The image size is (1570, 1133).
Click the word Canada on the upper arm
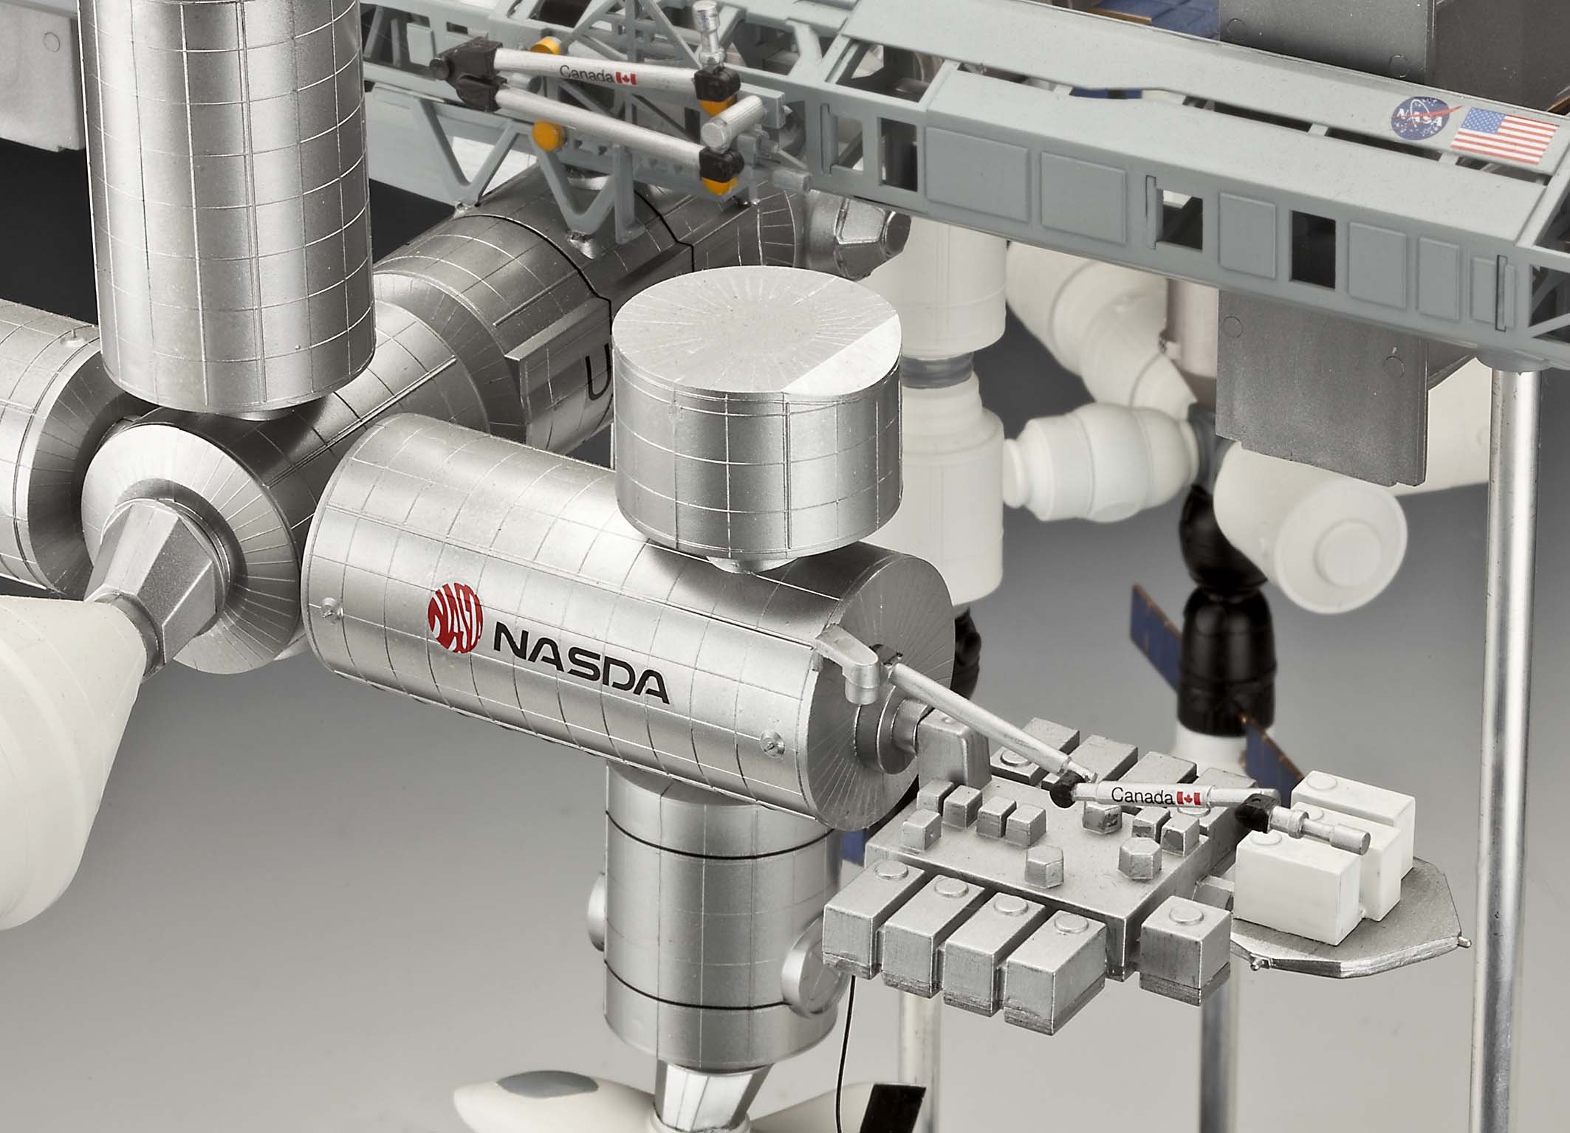586,74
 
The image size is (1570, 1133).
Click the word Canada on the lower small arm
1142,796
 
